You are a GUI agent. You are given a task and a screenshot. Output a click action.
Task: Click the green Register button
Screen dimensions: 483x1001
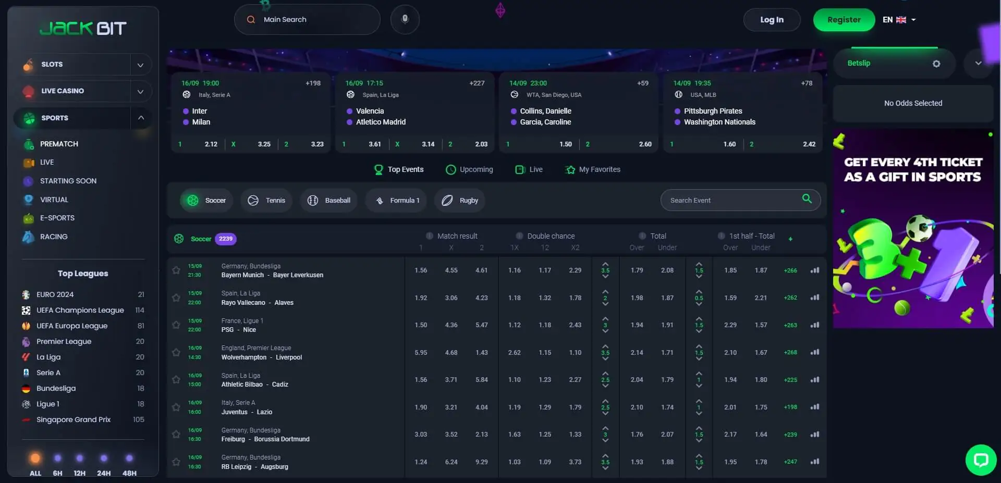pos(844,20)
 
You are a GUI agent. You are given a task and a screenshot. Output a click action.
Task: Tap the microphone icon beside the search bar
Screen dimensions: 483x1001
pos(405,20)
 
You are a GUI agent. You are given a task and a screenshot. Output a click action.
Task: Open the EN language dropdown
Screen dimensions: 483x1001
pos(899,20)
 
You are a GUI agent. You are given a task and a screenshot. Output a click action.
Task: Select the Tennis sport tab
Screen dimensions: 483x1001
pos(266,201)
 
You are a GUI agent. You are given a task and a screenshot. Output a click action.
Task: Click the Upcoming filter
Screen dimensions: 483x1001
pos(469,169)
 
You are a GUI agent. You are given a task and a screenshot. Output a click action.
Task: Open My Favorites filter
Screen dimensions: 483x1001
pos(593,169)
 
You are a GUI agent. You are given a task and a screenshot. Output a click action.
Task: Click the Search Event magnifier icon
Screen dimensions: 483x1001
pos(807,199)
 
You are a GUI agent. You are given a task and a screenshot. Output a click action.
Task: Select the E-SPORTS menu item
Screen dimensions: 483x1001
pos(57,218)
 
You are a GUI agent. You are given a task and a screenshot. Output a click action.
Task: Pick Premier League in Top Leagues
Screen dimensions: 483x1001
pos(64,341)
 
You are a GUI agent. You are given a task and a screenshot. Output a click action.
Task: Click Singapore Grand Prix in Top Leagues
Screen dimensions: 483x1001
pos(73,419)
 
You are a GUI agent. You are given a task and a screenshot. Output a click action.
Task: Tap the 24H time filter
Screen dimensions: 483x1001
pos(104,464)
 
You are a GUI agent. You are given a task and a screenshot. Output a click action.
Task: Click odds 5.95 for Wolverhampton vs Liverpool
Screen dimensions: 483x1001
pos(421,353)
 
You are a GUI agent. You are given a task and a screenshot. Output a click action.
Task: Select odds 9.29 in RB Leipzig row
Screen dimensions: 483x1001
pos(481,462)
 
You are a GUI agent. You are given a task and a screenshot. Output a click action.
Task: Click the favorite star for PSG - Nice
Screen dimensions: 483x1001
pos(176,325)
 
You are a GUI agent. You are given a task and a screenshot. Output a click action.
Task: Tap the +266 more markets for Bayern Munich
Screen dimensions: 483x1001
pos(790,270)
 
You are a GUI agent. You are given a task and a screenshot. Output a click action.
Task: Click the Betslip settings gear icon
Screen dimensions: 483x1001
pos(936,64)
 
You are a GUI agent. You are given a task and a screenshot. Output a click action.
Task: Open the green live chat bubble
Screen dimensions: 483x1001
pos(981,460)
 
